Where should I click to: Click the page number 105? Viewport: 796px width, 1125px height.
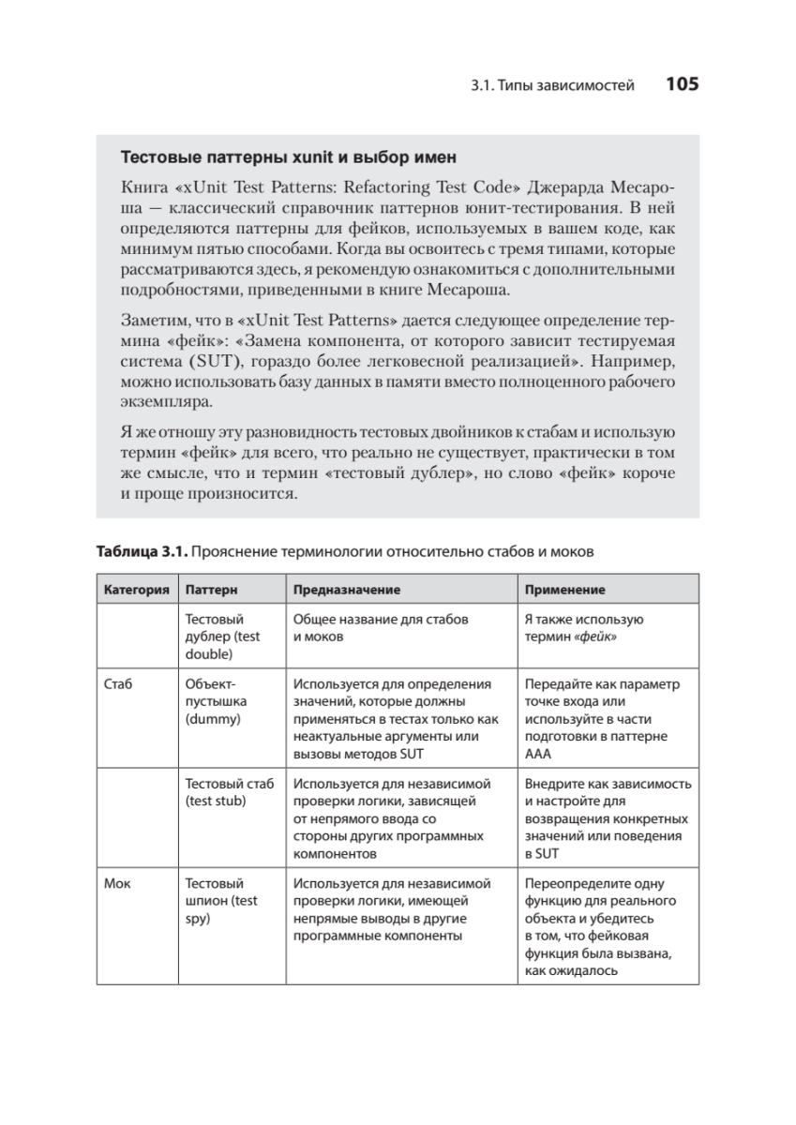click(682, 84)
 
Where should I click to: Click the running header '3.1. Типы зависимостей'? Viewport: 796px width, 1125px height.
click(552, 85)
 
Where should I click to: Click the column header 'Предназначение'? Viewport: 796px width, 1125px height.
click(347, 590)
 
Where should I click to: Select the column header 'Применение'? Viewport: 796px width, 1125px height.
click(564, 590)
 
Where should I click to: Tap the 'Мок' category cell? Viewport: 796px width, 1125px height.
click(118, 883)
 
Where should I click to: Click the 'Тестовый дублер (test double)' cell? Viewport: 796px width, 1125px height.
click(223, 637)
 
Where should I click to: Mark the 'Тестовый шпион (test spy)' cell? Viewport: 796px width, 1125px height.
click(221, 901)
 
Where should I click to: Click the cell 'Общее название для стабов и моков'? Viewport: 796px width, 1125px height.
click(380, 628)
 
